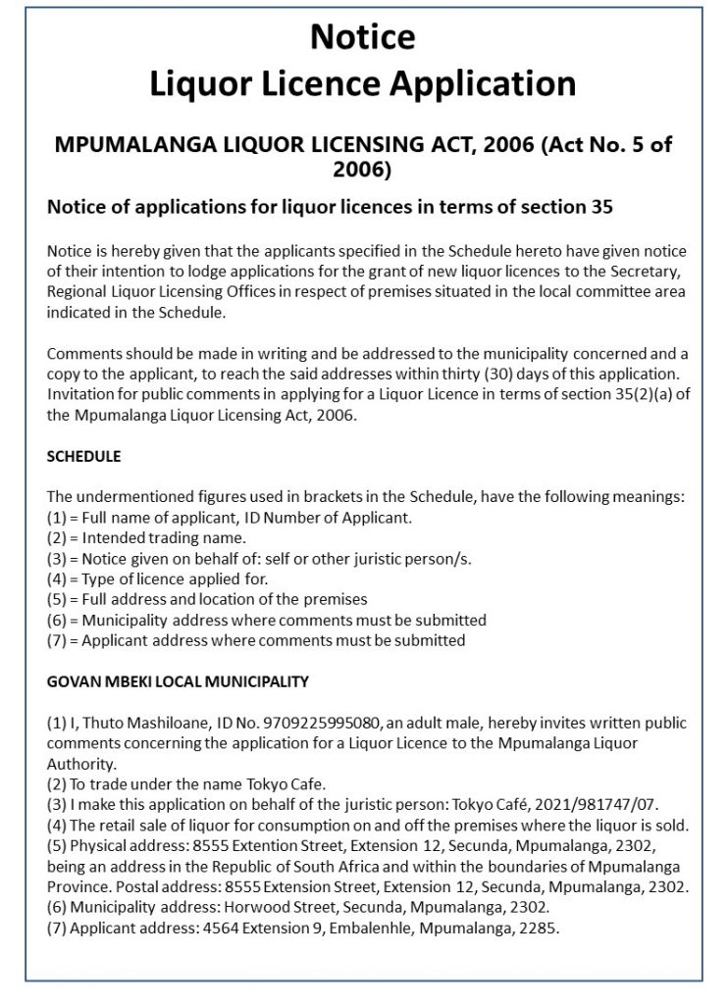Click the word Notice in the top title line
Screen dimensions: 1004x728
tap(363, 37)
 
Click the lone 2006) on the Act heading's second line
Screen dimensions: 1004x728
tap(363, 171)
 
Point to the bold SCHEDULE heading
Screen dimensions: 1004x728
tap(84, 458)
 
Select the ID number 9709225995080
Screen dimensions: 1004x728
tap(323, 723)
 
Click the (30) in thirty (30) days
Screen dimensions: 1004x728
tap(501, 401)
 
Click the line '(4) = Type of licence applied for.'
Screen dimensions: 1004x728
tap(154, 578)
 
